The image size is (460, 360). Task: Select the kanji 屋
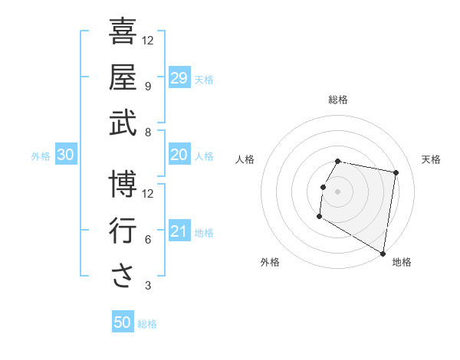123,77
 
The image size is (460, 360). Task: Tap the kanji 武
123,123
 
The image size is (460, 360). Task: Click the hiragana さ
123,276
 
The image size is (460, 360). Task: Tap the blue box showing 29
179,78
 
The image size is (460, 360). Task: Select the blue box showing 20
179,155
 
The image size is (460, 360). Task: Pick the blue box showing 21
179,232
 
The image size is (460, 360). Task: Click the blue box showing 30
66,155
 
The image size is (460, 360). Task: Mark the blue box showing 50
123,323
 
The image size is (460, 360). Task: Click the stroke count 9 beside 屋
148,87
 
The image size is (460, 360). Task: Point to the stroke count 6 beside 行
148,240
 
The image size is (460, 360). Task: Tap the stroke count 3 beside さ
148,286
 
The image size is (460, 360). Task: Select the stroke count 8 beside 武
148,133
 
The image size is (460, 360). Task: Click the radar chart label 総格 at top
338,100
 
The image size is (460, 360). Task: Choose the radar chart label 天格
431,159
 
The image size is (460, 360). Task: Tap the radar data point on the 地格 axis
383,254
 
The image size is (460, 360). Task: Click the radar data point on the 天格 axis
396,173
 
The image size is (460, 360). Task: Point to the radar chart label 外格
270,262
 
